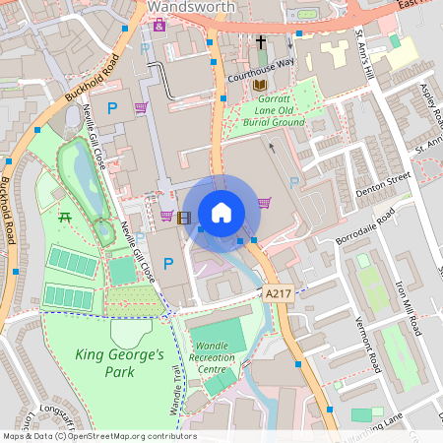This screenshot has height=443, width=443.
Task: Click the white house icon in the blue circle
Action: point(221,213)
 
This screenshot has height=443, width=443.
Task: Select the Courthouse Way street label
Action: point(260,62)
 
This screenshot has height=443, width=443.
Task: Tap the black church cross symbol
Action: point(261,42)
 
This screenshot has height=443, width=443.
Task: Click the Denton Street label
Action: point(384,180)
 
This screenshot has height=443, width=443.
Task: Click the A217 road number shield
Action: point(279,294)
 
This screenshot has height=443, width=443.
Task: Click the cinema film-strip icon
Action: point(184,218)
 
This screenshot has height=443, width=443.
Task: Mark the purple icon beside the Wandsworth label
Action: point(158,24)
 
